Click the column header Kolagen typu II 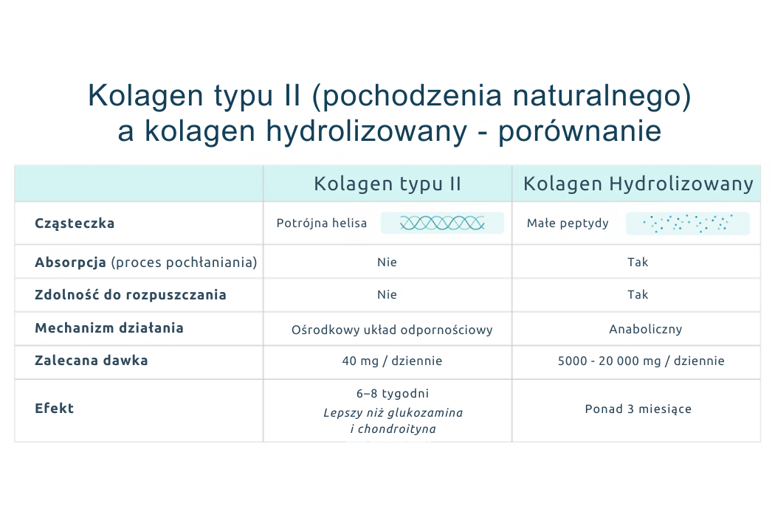click(387, 184)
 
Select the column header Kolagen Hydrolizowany click(638, 184)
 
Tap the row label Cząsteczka click(75, 223)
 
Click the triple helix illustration click(442, 223)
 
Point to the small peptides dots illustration click(687, 223)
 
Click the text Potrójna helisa click(322, 223)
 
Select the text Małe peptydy click(568, 223)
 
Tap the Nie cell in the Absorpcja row click(387, 263)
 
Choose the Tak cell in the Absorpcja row click(638, 263)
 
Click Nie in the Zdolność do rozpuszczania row click(387, 295)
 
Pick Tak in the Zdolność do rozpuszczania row click(638, 295)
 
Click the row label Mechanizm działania click(109, 328)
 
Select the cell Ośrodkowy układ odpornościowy click(392, 330)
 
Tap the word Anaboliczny click(645, 330)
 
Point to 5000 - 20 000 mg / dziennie click(641, 361)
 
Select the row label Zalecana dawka click(92, 361)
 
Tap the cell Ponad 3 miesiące click(638, 409)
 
